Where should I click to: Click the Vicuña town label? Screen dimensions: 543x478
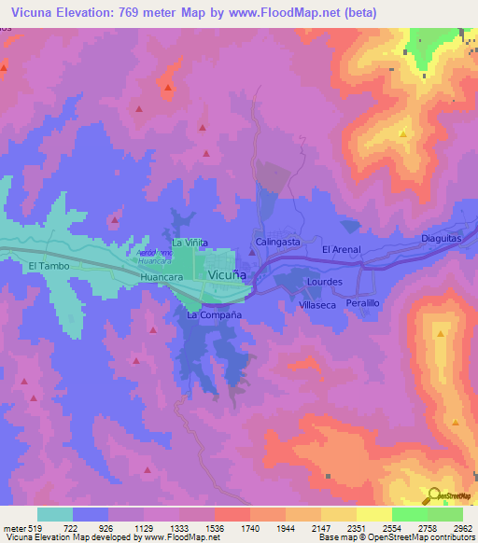point(227,275)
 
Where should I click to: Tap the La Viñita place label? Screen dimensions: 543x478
point(188,243)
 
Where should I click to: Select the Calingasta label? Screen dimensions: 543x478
point(278,242)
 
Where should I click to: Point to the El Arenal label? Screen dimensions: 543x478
point(340,250)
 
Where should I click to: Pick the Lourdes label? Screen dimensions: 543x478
point(325,281)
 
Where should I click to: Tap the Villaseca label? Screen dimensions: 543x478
point(316,305)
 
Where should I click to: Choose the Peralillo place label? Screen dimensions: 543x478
point(363,304)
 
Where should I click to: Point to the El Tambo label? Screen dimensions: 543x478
point(44,266)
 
